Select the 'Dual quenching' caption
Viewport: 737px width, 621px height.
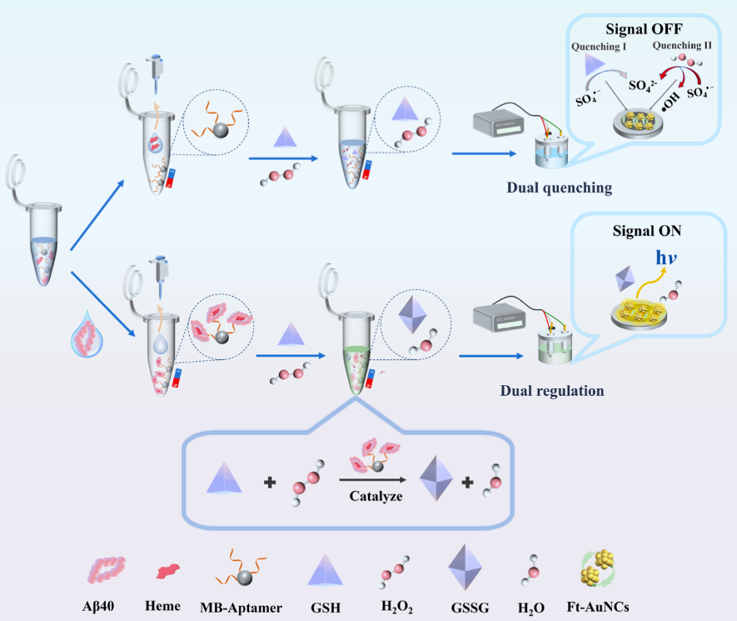click(x=559, y=188)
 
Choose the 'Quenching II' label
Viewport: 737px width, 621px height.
click(x=681, y=46)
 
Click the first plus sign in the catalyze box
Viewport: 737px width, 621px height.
click(x=269, y=482)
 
